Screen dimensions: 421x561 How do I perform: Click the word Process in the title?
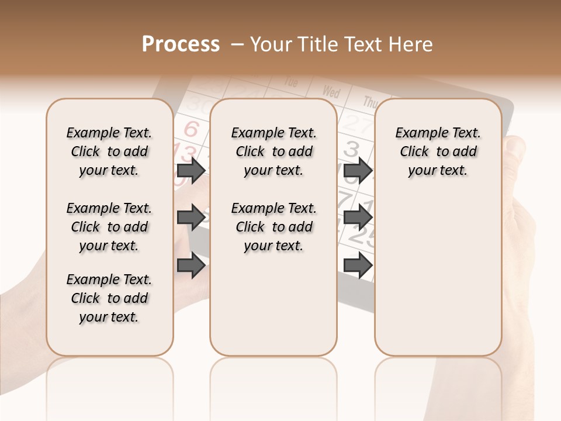181,44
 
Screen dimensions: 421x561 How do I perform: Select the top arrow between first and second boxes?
191,170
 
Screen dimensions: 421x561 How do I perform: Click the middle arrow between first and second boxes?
191,218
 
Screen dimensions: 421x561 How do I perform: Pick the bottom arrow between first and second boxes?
191,265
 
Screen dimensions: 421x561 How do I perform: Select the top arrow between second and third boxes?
358,170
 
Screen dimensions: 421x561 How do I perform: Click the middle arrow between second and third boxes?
358,218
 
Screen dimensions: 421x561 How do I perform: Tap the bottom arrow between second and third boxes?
358,265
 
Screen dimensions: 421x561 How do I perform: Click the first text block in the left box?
109,151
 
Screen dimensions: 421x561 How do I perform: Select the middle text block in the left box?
109,227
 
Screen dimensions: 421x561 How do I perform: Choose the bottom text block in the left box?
109,298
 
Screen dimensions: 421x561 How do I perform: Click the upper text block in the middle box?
273,151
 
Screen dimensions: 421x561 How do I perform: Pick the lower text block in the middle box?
273,227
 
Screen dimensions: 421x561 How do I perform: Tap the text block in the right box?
438,151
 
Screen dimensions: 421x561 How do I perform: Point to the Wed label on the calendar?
331,92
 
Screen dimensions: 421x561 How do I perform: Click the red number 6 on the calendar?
191,129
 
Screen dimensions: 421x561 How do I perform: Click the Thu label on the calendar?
370,102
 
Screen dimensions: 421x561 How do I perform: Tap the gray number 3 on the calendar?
351,149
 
